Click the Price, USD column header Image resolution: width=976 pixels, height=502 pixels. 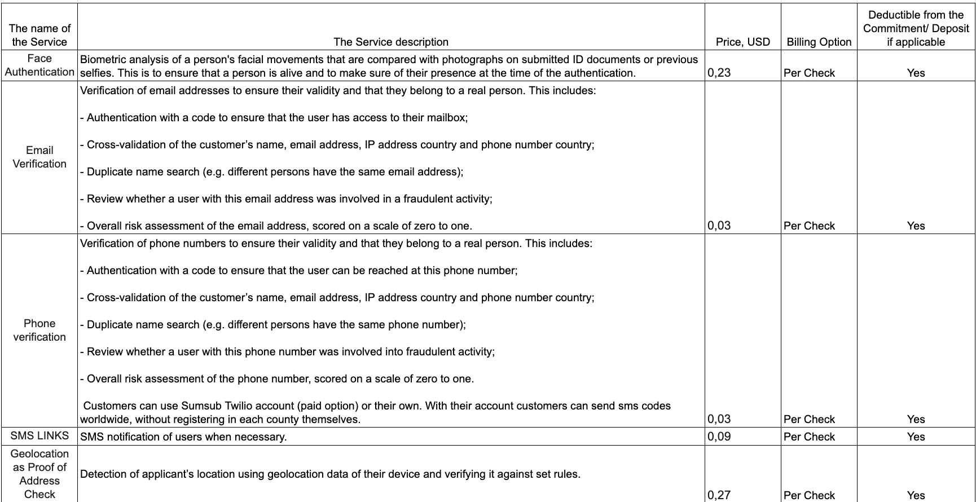click(x=742, y=42)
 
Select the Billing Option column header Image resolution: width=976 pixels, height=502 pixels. click(x=819, y=42)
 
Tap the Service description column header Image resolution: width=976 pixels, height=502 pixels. click(x=391, y=42)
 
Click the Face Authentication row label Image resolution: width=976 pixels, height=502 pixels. click(x=39, y=65)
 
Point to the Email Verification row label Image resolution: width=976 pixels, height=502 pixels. click(x=39, y=157)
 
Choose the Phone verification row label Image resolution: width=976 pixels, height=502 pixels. click(x=39, y=330)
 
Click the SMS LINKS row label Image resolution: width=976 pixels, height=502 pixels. click(x=39, y=436)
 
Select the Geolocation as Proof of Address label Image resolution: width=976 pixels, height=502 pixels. click(x=39, y=474)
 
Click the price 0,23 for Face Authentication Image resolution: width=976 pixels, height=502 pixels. click(x=719, y=73)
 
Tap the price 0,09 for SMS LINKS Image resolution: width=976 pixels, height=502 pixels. click(x=719, y=437)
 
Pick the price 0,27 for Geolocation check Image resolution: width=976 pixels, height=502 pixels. click(x=719, y=495)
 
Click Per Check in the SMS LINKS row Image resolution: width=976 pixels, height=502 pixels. click(x=809, y=437)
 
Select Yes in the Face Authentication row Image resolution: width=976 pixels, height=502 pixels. click(x=916, y=73)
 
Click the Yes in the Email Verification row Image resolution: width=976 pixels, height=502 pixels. click(x=916, y=226)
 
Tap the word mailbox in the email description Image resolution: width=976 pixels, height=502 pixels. click(x=446, y=118)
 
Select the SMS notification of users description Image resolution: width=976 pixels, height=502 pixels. click(x=183, y=437)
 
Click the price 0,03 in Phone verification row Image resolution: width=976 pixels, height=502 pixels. click(x=719, y=419)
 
